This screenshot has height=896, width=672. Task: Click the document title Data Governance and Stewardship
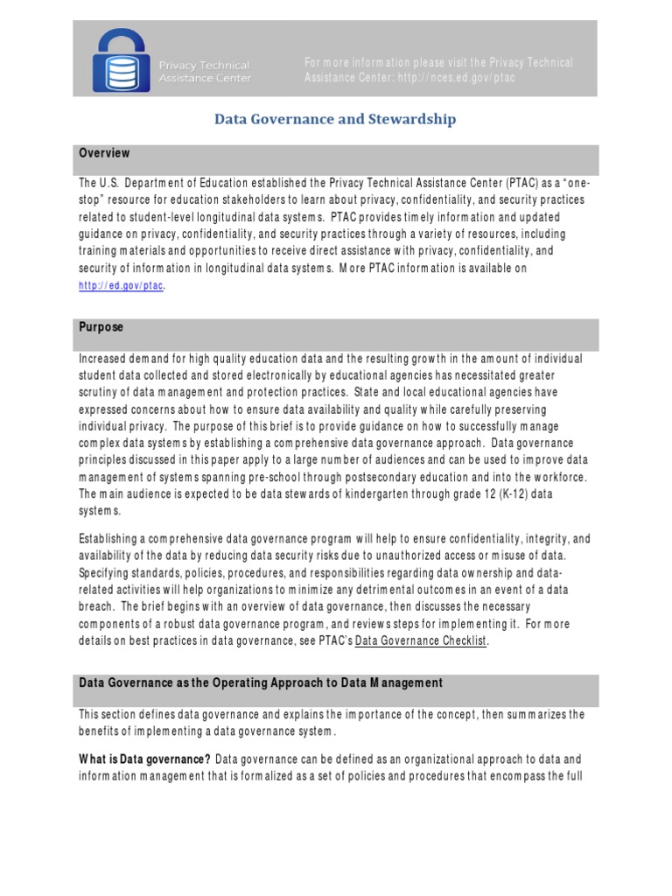coord(336,119)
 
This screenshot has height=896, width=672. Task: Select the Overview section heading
coord(104,153)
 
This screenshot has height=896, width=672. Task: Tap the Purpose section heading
coord(101,327)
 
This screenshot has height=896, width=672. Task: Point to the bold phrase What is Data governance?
coord(144,759)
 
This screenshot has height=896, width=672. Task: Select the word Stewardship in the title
coord(415,119)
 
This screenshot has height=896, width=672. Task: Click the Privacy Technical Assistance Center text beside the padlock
coord(204,72)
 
